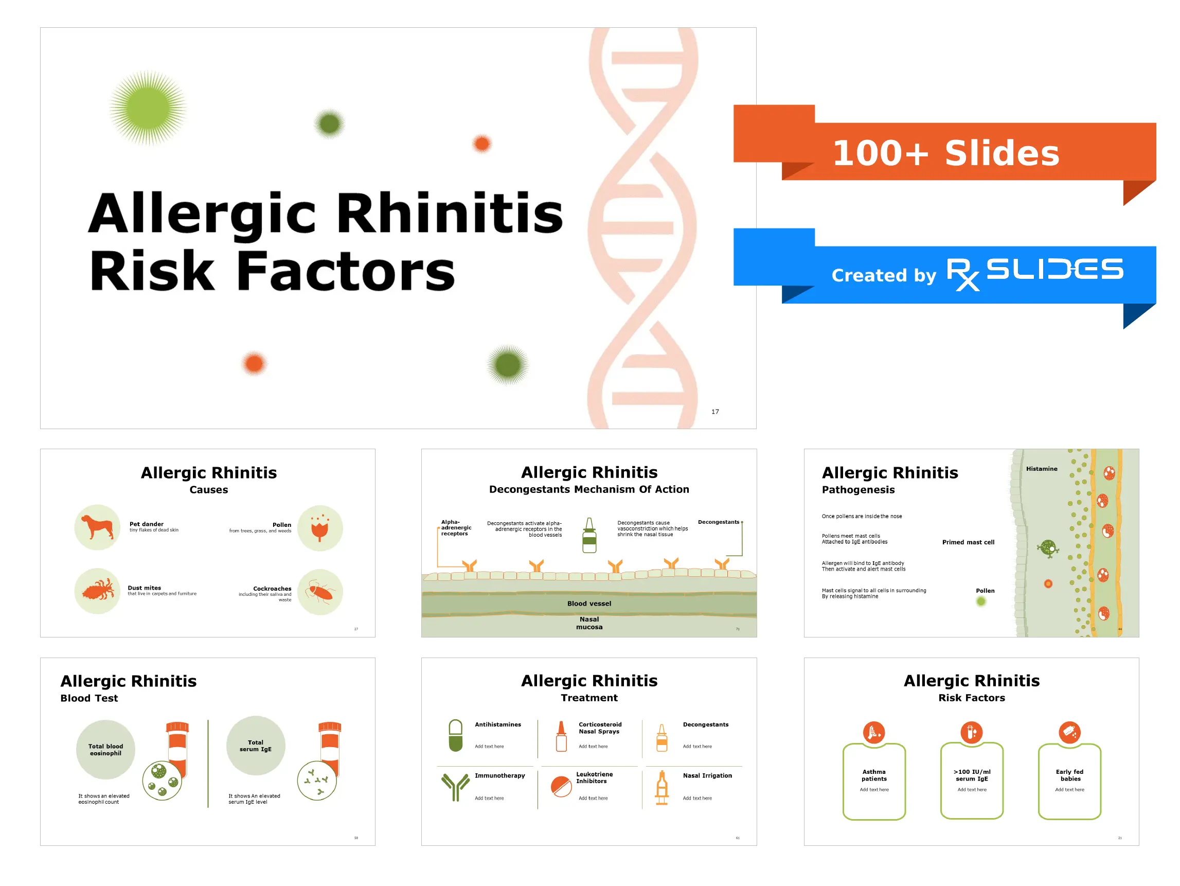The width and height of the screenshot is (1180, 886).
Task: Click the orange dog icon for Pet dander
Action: (x=98, y=527)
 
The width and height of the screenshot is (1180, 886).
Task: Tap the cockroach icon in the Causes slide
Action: (x=320, y=592)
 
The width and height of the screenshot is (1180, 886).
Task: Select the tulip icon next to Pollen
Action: (x=320, y=528)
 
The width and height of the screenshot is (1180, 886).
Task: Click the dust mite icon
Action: (x=98, y=591)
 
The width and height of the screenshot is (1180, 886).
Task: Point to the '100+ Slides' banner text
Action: (x=946, y=154)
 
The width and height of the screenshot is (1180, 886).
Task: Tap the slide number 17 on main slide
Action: (x=715, y=412)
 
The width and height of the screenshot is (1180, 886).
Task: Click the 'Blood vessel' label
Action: (x=589, y=604)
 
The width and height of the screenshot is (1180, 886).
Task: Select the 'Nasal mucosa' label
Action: (x=589, y=623)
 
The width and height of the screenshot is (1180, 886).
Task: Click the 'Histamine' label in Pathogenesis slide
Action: (x=1041, y=469)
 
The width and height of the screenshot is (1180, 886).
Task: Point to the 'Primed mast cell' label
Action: (x=968, y=542)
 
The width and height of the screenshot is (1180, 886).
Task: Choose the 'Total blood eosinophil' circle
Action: (x=105, y=749)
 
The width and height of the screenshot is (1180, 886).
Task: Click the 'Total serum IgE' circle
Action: (x=256, y=746)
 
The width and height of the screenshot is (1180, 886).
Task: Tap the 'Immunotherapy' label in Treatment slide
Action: (x=500, y=775)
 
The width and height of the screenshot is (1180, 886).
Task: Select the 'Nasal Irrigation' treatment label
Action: (x=707, y=775)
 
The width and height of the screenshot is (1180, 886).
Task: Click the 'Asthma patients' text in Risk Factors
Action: (x=874, y=775)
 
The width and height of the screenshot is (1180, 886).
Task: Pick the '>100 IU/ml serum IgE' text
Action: (x=972, y=775)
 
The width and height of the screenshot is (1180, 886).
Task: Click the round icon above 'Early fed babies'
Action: (x=1069, y=732)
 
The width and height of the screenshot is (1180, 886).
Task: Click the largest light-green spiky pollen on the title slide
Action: (x=148, y=109)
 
